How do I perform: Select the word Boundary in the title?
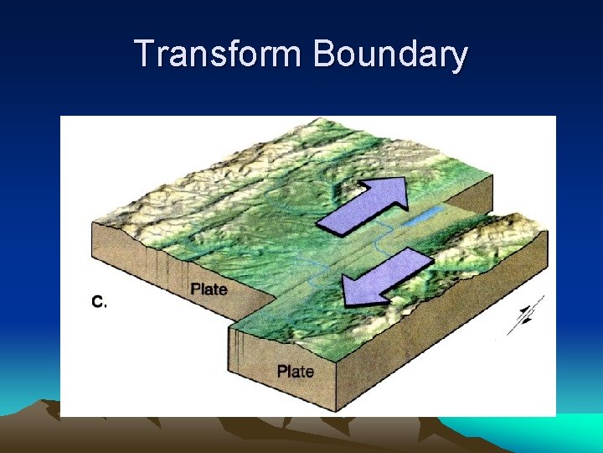click(x=390, y=55)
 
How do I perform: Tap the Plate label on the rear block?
click(x=209, y=289)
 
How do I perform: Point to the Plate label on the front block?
click(x=296, y=371)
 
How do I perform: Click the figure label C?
click(x=98, y=302)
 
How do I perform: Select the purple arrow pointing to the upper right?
click(x=362, y=207)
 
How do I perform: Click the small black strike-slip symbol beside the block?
click(x=525, y=313)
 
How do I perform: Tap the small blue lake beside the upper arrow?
click(x=420, y=219)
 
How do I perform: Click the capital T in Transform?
click(x=145, y=55)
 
